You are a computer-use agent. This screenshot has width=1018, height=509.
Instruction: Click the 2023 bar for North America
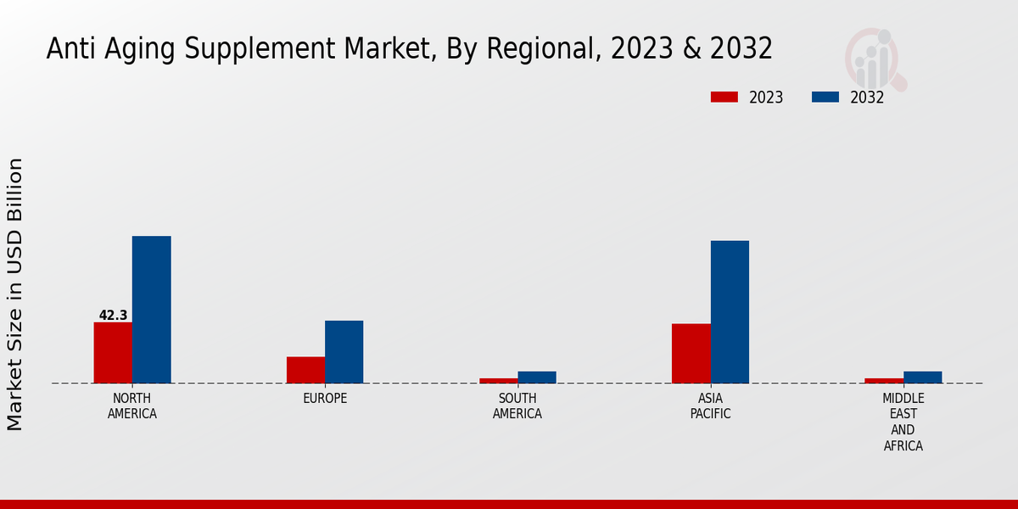click(113, 353)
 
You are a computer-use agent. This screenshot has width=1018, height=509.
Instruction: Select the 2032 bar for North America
click(151, 310)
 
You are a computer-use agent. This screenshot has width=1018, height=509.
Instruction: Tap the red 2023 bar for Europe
click(305, 370)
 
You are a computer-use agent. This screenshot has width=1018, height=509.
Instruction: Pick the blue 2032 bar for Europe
click(344, 352)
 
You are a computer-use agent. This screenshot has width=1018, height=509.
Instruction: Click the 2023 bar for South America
click(498, 380)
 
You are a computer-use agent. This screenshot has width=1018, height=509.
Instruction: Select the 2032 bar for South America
click(537, 378)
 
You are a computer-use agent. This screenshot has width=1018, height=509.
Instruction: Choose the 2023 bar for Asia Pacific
click(691, 354)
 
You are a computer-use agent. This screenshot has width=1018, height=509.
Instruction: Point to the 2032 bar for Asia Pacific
click(730, 312)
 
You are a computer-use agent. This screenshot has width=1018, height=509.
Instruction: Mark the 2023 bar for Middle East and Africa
click(884, 380)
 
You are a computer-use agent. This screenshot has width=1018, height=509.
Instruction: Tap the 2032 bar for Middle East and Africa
click(922, 378)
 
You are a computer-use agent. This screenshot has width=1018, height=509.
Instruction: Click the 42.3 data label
click(113, 316)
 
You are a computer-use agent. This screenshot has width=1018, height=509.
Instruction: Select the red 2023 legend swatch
click(724, 97)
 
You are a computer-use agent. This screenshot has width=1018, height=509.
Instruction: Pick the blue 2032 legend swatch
click(825, 97)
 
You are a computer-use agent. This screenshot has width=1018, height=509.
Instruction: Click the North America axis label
click(132, 406)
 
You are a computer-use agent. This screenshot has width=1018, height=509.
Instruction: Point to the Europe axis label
click(325, 398)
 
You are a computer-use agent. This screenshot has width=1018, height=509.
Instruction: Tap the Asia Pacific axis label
click(710, 406)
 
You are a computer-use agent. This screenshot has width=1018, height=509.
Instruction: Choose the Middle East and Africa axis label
click(903, 422)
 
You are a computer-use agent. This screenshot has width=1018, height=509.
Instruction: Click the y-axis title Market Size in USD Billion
click(15, 294)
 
